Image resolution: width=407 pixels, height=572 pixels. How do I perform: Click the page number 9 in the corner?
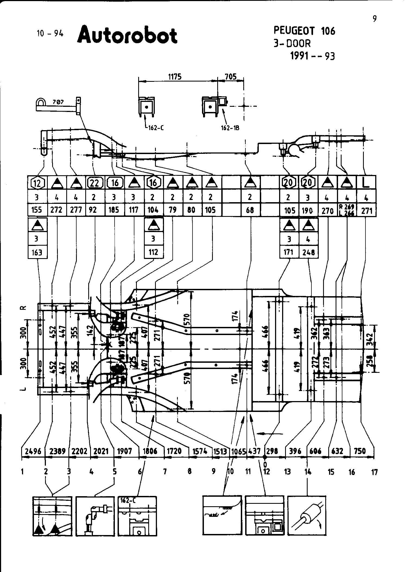pyautogui.click(x=374, y=19)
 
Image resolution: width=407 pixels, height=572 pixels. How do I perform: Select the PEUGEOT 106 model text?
pyautogui.click(x=304, y=31)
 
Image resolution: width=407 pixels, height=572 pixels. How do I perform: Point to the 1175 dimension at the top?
pyautogui.click(x=175, y=77)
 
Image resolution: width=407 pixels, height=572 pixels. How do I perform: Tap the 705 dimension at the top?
pyautogui.click(x=231, y=77)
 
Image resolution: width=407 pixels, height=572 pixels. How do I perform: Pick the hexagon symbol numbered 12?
pyautogui.click(x=37, y=183)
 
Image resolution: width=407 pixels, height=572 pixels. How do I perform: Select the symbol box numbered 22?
pyautogui.click(x=94, y=183)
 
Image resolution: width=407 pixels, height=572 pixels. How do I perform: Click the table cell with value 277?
pyautogui.click(x=76, y=210)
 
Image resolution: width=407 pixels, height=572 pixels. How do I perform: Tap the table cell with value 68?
pyautogui.click(x=250, y=210)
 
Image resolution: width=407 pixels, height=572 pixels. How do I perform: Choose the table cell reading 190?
pyautogui.click(x=307, y=210)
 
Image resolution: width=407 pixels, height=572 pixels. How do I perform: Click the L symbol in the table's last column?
pyautogui.click(x=366, y=182)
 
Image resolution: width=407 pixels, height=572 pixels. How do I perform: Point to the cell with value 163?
pyautogui.click(x=37, y=252)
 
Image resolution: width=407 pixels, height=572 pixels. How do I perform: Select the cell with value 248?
pyautogui.click(x=309, y=252)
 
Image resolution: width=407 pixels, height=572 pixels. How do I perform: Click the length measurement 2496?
pyautogui.click(x=33, y=451)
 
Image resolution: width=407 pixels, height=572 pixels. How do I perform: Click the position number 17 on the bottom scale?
pyautogui.click(x=374, y=472)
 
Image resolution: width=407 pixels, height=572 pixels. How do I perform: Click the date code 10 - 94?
pyautogui.click(x=50, y=33)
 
